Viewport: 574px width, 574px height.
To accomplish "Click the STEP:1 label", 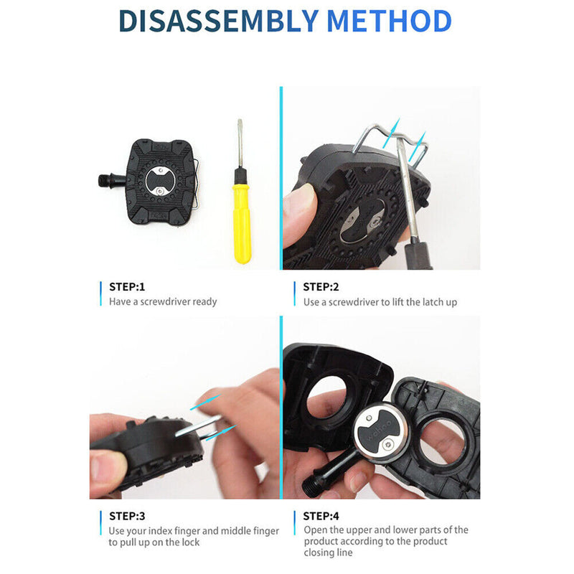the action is click(x=127, y=286).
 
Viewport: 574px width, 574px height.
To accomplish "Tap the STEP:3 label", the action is click(x=127, y=516).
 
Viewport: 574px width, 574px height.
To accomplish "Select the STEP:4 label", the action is click(x=321, y=516).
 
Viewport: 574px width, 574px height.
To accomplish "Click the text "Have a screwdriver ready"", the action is click(x=163, y=301).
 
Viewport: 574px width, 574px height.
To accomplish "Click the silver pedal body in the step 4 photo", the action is click(x=380, y=430).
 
